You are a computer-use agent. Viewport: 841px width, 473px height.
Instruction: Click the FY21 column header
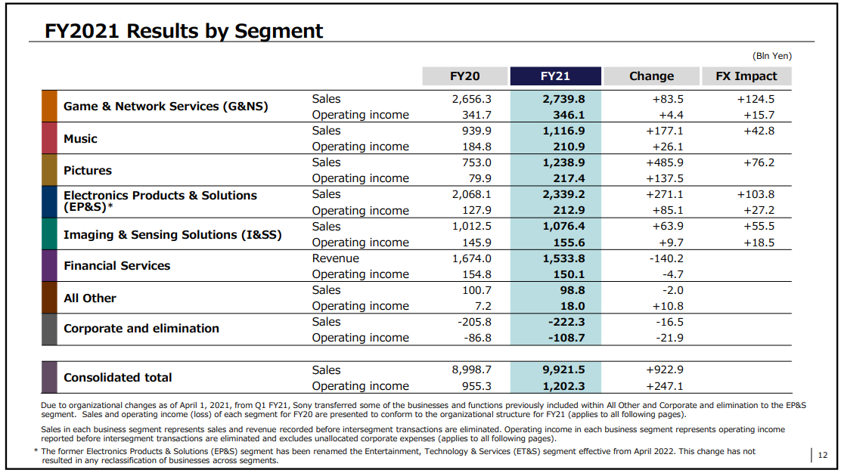tap(555, 76)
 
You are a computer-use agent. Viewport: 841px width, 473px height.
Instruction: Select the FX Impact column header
tap(746, 76)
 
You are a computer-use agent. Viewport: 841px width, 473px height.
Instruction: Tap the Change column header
tap(651, 76)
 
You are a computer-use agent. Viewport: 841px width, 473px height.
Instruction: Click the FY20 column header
tap(464, 76)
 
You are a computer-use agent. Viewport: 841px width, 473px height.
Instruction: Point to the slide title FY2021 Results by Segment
tap(184, 31)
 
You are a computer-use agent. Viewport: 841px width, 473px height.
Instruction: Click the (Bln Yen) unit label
tap(772, 56)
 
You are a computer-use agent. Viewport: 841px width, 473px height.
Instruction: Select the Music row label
tap(80, 139)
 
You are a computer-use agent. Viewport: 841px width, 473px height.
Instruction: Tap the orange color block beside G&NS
tap(49, 106)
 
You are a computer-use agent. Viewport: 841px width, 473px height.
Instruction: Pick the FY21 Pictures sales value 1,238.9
tap(563, 162)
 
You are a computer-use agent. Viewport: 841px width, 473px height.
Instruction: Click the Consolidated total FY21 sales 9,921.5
tap(563, 369)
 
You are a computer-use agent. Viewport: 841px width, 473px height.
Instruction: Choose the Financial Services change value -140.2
tap(666, 258)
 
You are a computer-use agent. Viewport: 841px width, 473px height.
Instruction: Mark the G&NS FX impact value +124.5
tap(756, 99)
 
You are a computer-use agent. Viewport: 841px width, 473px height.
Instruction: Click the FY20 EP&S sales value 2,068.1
tap(471, 194)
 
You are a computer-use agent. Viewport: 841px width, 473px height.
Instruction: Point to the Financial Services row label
tap(117, 266)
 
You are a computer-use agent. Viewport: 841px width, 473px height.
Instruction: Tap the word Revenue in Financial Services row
tap(336, 258)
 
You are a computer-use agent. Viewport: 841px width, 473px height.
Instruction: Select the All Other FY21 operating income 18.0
tap(573, 306)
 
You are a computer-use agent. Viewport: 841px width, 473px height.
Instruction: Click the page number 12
tap(823, 456)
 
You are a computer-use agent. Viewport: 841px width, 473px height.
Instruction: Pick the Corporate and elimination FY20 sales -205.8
tap(474, 322)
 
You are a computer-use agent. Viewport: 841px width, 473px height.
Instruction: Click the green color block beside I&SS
tap(49, 233)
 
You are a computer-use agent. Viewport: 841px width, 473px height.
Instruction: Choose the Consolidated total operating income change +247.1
tap(665, 386)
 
